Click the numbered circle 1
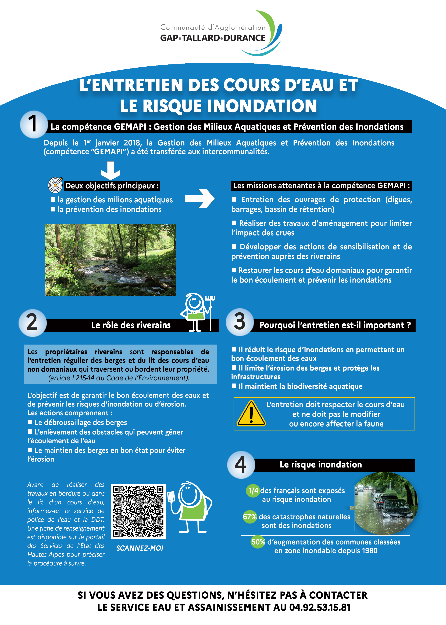coord(34,124)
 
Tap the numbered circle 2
coord(32,323)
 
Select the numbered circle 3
coord(240,322)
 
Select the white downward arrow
coord(110,170)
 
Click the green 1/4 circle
coord(253,491)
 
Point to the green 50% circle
coord(258,542)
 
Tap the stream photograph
coord(110,260)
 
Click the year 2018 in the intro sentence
coord(133,143)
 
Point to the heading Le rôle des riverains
coord(131,325)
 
